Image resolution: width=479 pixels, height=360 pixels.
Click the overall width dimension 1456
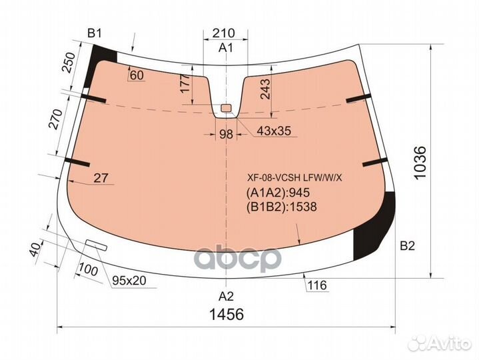coord(227,314)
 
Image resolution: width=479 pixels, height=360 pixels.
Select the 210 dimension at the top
coord(224,33)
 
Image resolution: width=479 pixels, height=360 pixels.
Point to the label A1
coord(226,48)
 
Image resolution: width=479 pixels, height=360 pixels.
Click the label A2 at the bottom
coord(226,296)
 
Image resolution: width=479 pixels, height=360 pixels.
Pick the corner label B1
coord(94,33)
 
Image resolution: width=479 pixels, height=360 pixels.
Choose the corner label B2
coord(408,245)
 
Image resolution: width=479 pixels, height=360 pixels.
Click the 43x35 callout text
coord(274,131)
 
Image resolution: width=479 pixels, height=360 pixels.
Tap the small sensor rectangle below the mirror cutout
coord(226,108)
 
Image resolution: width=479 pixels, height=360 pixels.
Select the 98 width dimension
coord(226,134)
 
